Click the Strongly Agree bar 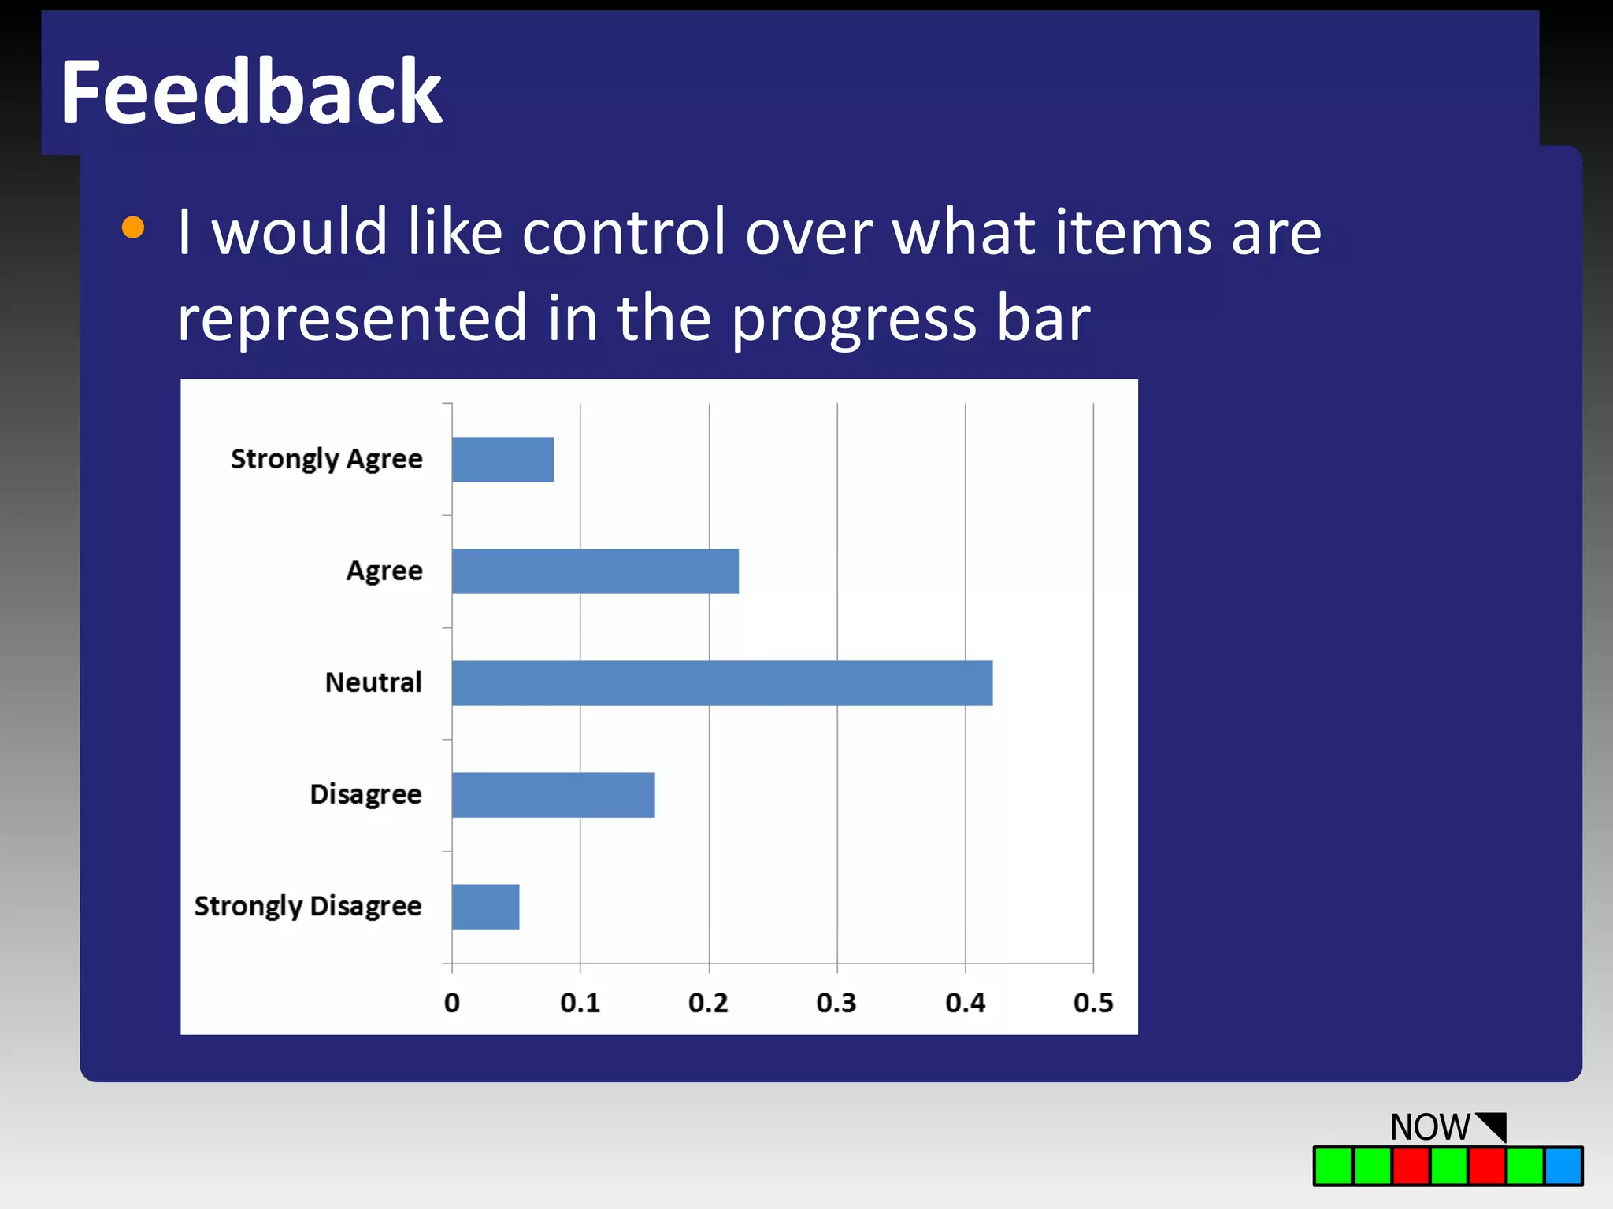coord(502,460)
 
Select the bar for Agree coord(595,571)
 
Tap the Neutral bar coord(721,683)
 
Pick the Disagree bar coord(553,795)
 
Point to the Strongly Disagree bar coord(485,907)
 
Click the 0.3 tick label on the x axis coord(836,1003)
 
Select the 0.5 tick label coord(1093,1003)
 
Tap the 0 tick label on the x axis coord(452,1003)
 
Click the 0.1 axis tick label coord(580,1003)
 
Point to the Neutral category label coord(373,682)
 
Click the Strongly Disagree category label coord(308,906)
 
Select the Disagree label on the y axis coord(365,794)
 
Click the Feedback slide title coord(250,92)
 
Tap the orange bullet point coord(133,227)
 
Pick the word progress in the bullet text coord(855,320)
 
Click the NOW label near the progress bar coord(1429,1126)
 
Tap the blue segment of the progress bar coord(1563,1166)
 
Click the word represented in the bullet coord(351,319)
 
